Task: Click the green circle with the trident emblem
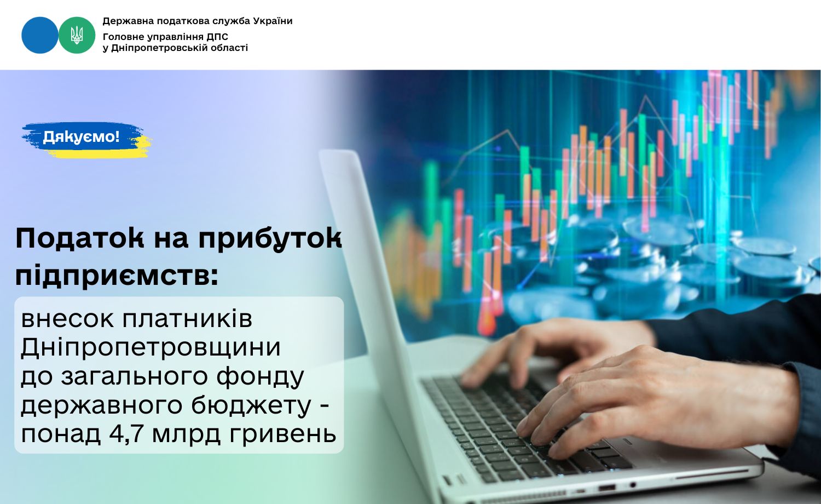pyautogui.click(x=77, y=35)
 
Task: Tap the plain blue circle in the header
pyautogui.click(x=40, y=35)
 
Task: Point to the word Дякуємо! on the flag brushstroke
pyautogui.click(x=81, y=137)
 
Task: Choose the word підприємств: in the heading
pyautogui.click(x=117, y=276)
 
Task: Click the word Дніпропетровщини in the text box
pyautogui.click(x=151, y=347)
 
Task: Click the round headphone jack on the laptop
pyautogui.click(x=632, y=485)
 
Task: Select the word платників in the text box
pyautogui.click(x=187, y=319)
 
